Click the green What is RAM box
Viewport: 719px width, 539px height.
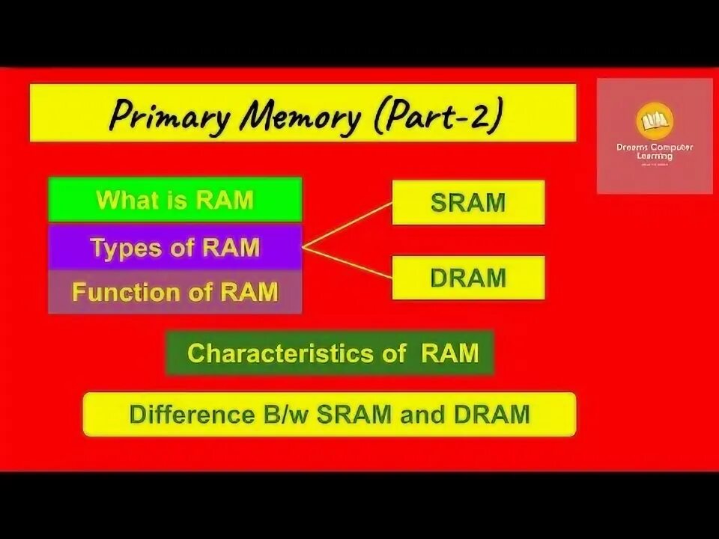(x=175, y=200)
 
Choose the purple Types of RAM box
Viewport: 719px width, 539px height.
(x=175, y=247)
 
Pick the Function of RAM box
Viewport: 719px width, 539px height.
(x=175, y=292)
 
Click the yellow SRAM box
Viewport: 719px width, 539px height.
(x=468, y=203)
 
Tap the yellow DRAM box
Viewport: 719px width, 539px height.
(x=468, y=278)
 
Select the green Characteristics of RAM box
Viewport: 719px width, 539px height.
(x=330, y=353)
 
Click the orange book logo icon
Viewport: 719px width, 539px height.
(x=655, y=122)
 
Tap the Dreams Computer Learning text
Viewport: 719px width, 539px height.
(x=655, y=151)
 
